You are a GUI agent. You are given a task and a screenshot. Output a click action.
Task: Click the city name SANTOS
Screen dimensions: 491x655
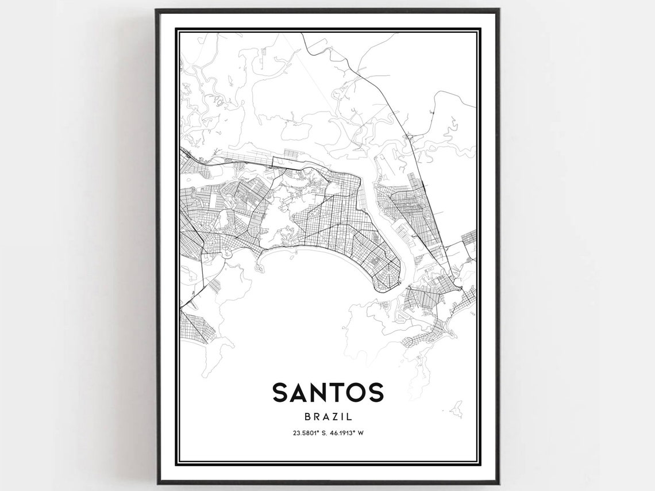tap(327, 392)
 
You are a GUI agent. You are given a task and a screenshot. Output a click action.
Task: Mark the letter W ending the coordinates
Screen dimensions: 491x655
tap(361, 433)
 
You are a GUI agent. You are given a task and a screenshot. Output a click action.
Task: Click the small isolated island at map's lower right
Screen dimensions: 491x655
tap(457, 409)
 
